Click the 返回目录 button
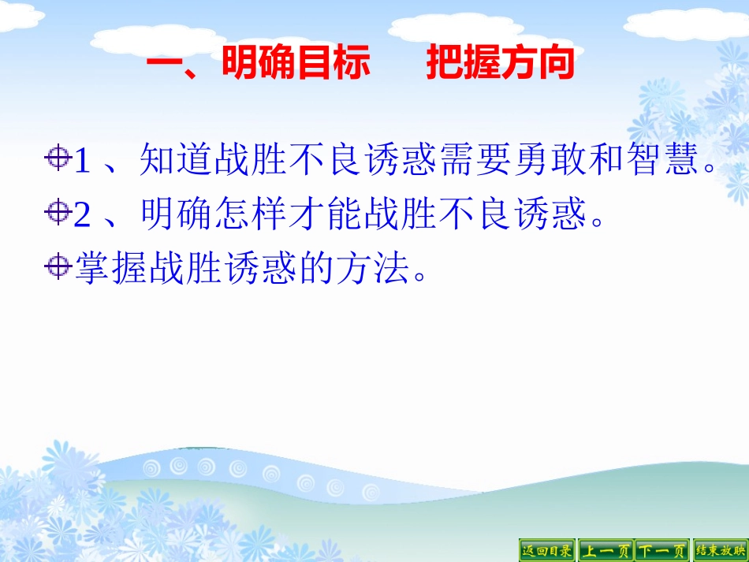(x=546, y=550)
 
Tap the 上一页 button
(x=605, y=550)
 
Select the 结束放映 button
(x=720, y=550)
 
